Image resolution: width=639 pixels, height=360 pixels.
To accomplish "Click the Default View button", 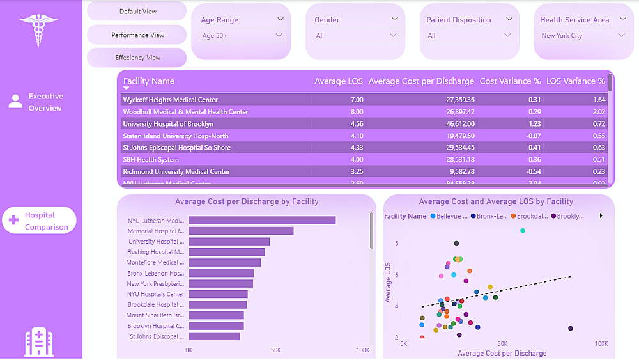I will coord(137,12).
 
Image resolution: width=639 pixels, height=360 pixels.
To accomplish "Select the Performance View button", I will coord(137,35).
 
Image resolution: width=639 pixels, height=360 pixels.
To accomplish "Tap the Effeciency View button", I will coord(137,58).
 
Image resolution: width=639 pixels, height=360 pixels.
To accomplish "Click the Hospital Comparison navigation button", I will coord(40,221).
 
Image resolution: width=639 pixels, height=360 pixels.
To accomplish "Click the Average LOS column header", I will coord(338,81).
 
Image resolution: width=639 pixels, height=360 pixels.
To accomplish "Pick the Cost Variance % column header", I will coord(510,81).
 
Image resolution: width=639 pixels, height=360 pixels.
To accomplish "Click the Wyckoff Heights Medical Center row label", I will coord(171,100).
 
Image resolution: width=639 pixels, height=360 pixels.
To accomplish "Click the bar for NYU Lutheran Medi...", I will coord(262,221).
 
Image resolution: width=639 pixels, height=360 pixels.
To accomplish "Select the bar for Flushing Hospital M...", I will coord(227,252).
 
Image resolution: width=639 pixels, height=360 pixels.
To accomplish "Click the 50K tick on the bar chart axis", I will coord(275,350).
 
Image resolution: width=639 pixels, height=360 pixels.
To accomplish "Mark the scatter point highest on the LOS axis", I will coord(523,231).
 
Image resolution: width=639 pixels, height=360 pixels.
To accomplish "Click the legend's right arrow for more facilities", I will coord(601,216).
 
